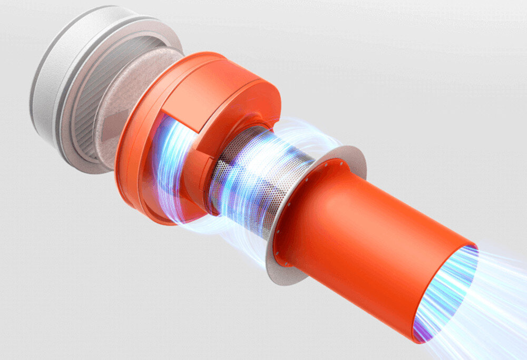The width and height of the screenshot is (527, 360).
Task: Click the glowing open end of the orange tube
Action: coord(448,290)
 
